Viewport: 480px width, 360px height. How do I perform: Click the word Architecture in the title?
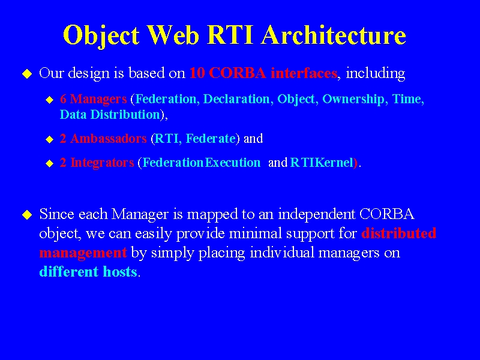pos(334,35)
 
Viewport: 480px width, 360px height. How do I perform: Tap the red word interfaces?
pos(304,73)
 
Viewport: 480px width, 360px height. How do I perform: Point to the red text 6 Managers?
pos(94,99)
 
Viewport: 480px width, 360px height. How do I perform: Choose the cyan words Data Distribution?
pos(110,115)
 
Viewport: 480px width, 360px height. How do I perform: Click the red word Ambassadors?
pos(109,139)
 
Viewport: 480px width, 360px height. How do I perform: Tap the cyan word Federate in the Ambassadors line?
pos(211,139)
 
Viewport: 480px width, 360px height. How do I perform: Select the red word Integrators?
pos(102,163)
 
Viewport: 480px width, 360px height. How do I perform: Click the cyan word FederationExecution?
pos(202,163)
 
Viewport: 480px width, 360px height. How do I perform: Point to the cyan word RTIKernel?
pos(322,163)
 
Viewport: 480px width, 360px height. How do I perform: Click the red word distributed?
pos(398,233)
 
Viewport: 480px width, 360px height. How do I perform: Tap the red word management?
pos(83,253)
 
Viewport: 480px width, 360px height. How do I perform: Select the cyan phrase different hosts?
pos(88,272)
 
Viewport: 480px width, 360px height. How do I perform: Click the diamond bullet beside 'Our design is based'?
pos(27,74)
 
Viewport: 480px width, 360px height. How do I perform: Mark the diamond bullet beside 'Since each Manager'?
pos(27,215)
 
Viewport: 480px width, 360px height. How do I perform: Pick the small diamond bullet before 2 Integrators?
pos(50,163)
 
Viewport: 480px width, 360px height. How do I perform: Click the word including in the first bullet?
pos(376,73)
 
